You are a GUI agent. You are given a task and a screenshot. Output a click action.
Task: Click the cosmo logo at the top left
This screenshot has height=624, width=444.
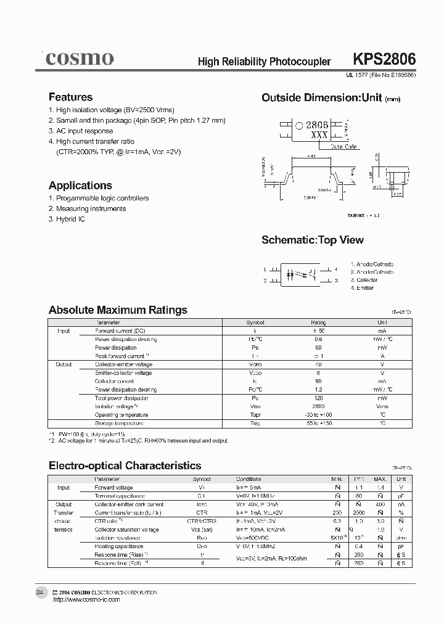(78, 59)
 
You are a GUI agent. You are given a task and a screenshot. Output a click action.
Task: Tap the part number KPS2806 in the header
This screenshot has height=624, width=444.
(384, 60)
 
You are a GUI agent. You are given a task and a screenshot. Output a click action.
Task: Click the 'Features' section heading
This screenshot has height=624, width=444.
(70, 97)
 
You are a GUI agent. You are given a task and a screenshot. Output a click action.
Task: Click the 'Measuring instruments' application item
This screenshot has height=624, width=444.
(87, 208)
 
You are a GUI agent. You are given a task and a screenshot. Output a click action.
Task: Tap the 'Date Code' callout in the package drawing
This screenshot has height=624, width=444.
(343, 147)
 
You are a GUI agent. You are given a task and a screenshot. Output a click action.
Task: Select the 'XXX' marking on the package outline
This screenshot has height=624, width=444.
(319, 135)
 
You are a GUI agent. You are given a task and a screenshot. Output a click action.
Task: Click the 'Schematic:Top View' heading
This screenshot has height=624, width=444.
(312, 240)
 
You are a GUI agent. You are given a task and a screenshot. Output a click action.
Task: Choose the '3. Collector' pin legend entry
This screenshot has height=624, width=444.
(364, 280)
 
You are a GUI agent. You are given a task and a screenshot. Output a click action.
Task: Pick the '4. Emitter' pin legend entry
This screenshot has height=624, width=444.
(363, 288)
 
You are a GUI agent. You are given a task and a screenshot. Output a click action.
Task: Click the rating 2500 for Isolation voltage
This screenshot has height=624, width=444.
(318, 406)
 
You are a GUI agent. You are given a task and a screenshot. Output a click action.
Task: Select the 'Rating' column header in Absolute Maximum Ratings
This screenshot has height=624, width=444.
(318, 322)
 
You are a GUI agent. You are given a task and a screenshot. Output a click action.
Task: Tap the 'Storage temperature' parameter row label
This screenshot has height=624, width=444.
(119, 423)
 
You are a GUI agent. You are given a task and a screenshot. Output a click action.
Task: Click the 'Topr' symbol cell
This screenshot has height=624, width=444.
(255, 415)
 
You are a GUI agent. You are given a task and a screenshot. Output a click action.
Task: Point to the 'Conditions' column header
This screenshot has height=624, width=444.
(249, 479)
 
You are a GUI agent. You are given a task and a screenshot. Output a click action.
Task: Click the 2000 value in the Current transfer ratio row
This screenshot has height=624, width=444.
(358, 512)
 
